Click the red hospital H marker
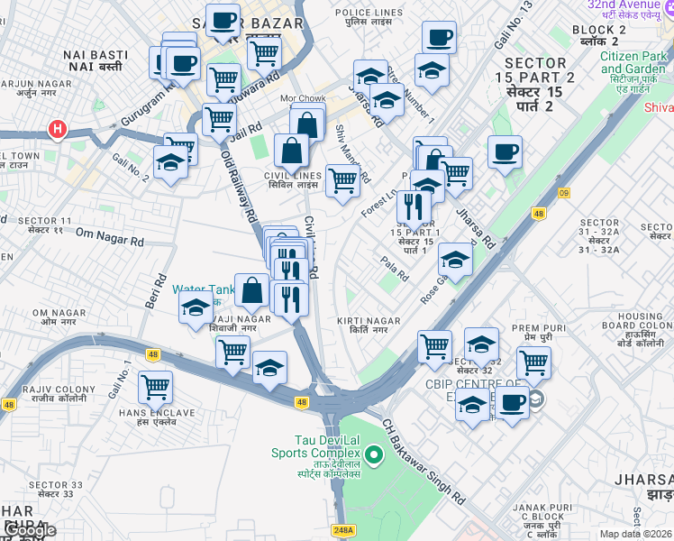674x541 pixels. click(58, 130)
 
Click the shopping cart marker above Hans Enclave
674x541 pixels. click(155, 387)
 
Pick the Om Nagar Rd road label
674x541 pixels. click(110, 241)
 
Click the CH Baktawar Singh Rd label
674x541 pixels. click(423, 460)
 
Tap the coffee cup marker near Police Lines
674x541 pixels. click(439, 37)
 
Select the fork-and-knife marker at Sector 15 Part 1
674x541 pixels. click(414, 206)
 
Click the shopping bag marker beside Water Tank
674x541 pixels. click(252, 289)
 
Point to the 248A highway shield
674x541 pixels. click(342, 531)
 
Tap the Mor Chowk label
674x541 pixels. click(303, 97)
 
